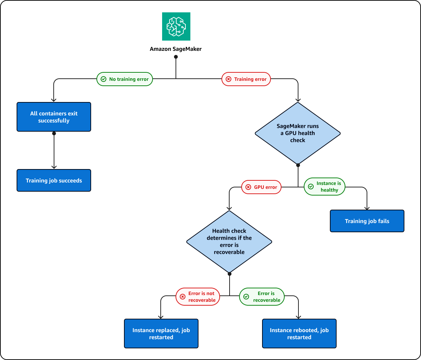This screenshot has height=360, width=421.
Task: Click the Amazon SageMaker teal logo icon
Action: point(176,26)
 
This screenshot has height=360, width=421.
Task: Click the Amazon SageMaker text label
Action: point(176,49)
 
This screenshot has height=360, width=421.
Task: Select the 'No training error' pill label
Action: point(125,79)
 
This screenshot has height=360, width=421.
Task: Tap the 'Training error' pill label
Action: point(246,79)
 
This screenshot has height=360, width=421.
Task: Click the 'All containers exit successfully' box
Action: point(54,117)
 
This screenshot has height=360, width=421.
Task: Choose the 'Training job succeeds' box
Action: point(54,180)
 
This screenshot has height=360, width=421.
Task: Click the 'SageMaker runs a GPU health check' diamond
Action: point(298,133)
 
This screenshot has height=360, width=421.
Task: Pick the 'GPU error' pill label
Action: point(261,187)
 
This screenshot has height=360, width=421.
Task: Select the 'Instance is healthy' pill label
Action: point(325,187)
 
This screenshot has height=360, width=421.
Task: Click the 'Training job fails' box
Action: point(367,221)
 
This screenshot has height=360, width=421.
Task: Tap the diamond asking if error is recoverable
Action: point(229,242)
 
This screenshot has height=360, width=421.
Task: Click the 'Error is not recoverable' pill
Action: point(198,296)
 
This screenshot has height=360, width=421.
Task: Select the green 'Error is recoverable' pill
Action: point(262,296)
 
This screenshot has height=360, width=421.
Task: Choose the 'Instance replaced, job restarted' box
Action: point(161,334)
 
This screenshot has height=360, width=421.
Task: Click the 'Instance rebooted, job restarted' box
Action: point(299,334)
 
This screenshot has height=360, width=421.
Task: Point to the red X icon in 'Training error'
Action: point(229,79)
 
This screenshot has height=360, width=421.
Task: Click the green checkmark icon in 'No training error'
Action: point(103,79)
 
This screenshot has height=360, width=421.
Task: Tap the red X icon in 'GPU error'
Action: point(248,187)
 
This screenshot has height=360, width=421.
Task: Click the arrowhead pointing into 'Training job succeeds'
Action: point(54,167)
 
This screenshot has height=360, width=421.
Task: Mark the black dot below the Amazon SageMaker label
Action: point(176,57)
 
